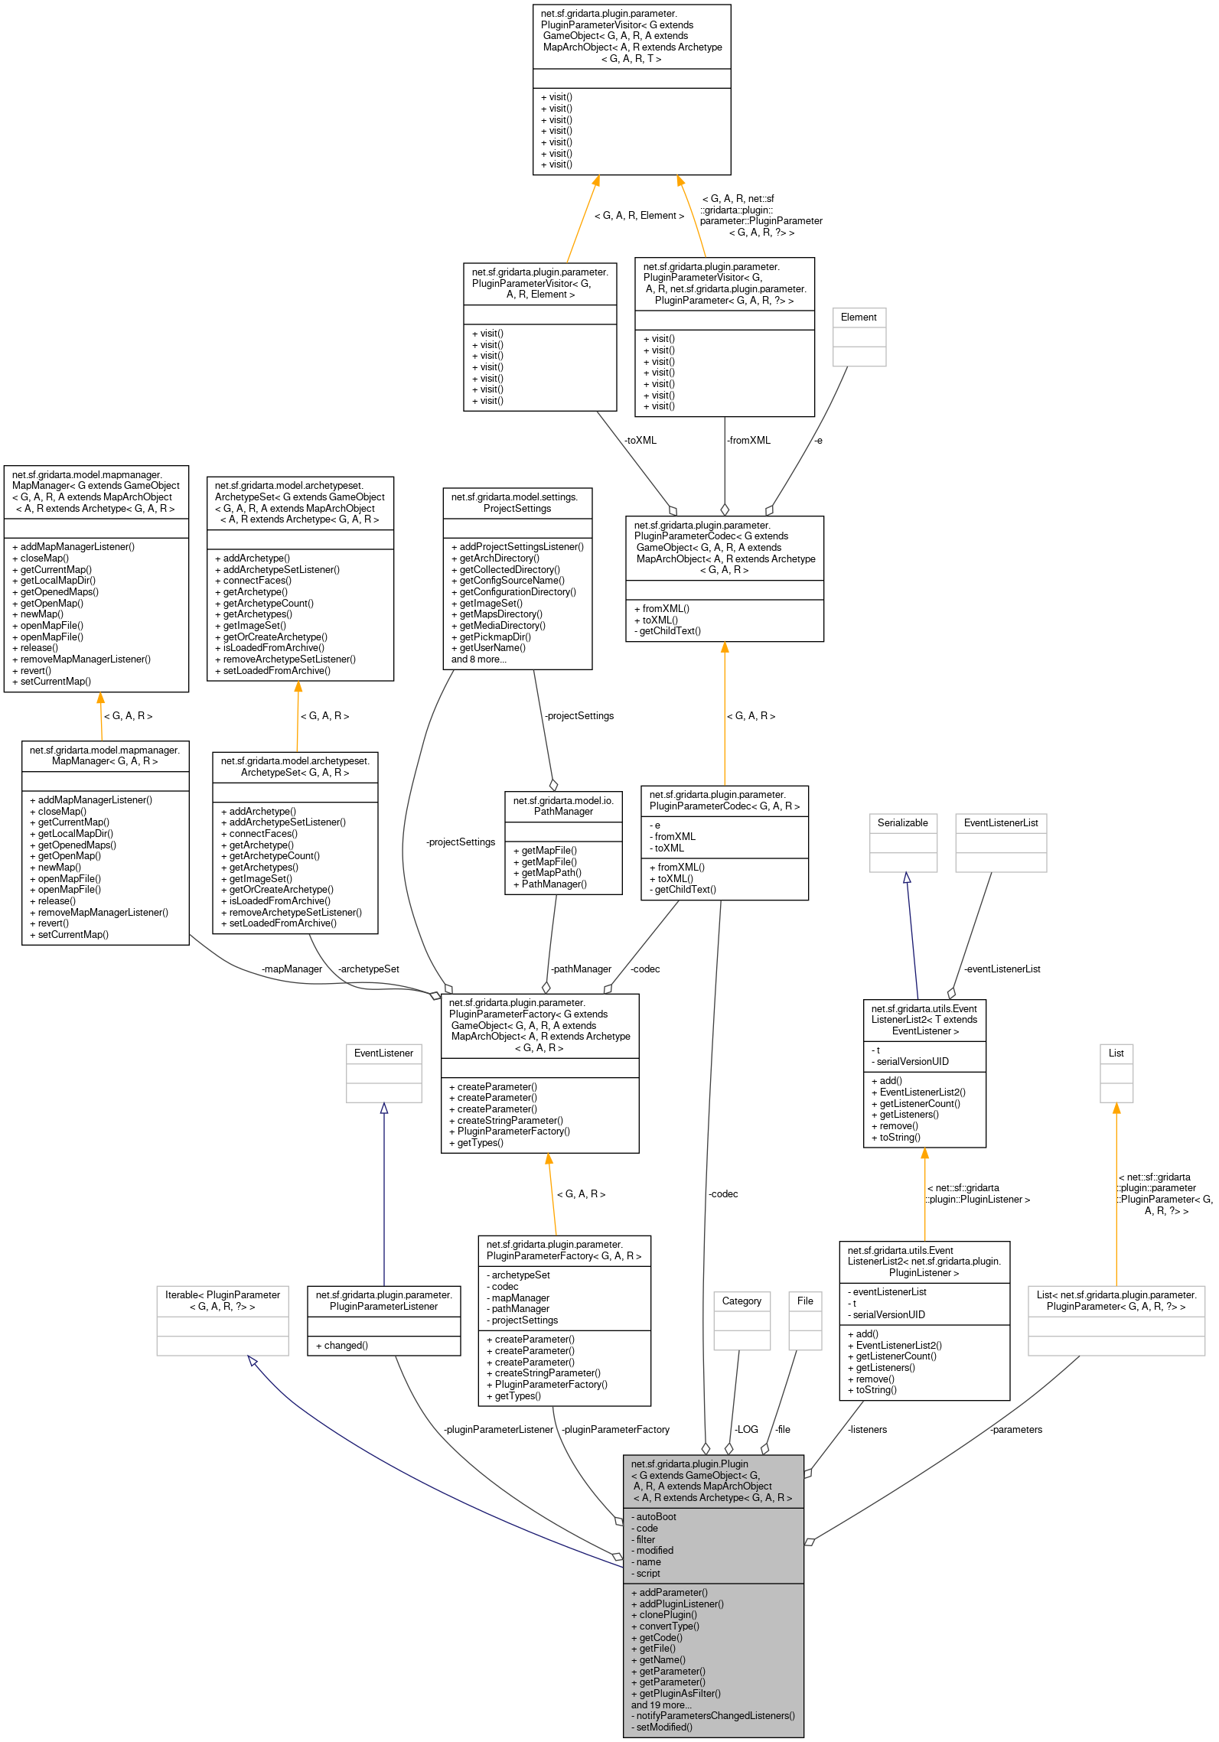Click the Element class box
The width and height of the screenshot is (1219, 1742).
coord(859,337)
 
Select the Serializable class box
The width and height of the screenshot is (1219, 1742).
coord(903,842)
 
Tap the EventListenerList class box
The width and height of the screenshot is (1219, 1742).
coord(1001,842)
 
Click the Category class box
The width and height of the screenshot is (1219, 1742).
coord(742,1320)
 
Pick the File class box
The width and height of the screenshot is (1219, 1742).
coord(805,1320)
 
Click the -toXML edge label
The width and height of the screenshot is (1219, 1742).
coord(640,441)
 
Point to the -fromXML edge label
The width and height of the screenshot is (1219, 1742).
coord(748,441)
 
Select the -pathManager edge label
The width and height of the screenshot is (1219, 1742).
coord(581,969)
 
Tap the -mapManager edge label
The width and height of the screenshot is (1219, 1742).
coord(292,969)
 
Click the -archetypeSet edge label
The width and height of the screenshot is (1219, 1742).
coord(368,969)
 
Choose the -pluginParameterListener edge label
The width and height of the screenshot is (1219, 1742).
coord(498,1430)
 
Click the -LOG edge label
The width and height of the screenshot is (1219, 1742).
coord(745,1430)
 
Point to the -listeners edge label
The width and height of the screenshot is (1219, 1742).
coord(867,1430)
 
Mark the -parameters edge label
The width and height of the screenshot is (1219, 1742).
coord(1015,1430)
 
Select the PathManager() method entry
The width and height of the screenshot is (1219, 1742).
coord(554,884)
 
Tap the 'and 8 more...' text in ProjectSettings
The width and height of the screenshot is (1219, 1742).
coord(478,659)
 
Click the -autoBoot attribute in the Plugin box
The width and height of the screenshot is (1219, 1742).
coord(656,1517)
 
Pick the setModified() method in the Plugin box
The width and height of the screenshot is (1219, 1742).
coord(664,1727)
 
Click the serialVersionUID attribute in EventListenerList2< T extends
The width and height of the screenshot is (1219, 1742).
coord(912,1062)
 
